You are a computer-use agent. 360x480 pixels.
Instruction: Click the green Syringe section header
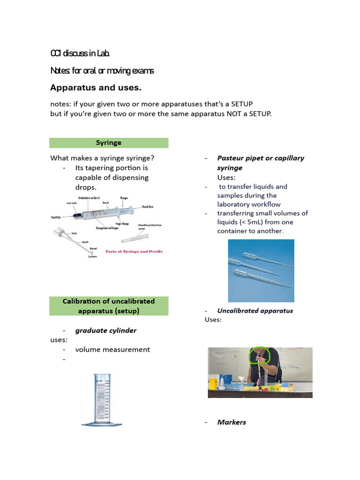coord(109,142)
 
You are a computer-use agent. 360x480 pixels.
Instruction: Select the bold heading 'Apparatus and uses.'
coord(96,88)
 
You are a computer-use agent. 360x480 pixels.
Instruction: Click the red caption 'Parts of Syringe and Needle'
coord(134,251)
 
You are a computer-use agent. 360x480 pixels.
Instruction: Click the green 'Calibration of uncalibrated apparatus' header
coord(109,306)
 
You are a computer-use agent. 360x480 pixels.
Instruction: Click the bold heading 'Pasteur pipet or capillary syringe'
coord(260,163)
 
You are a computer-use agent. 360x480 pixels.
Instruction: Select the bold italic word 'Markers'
coord(232,422)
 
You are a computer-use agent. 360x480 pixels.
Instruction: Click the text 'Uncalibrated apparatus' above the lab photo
coord(255,311)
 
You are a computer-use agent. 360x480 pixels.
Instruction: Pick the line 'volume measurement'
coord(112,349)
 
